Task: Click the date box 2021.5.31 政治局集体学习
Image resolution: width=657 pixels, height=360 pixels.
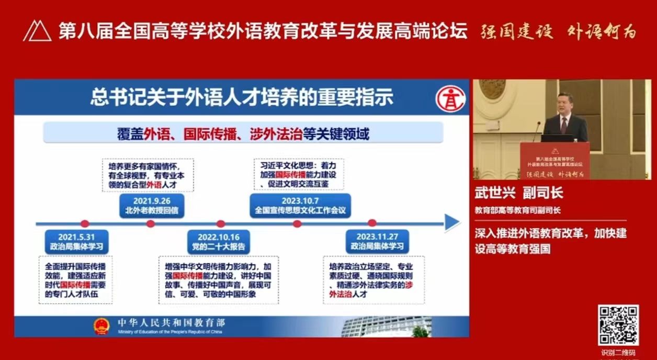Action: click(x=76, y=241)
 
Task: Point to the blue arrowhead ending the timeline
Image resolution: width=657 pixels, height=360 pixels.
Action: click(x=451, y=223)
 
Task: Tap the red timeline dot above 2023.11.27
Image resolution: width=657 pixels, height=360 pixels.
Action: click(x=372, y=223)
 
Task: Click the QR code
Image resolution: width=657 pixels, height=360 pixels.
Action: click(x=618, y=325)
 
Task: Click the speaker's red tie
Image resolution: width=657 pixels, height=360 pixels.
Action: click(x=563, y=125)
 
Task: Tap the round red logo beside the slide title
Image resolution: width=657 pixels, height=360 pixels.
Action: click(x=451, y=99)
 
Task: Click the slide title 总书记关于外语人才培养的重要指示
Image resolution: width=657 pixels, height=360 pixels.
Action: click(x=242, y=97)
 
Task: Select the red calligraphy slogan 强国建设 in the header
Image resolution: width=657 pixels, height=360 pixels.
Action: click(x=517, y=32)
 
